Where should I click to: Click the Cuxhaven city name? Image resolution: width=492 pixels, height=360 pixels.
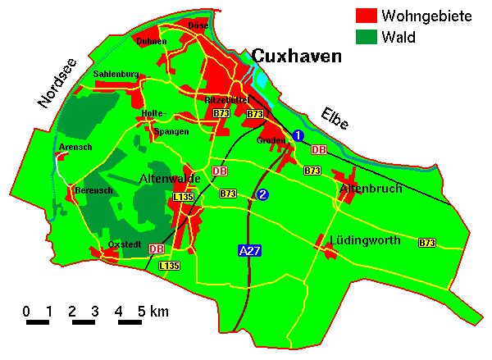point(297,56)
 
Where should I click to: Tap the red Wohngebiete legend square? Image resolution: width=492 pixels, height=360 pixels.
point(365,16)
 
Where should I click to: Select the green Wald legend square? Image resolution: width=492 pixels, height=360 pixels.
point(365,37)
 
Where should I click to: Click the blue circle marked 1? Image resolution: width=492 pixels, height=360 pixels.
point(298,134)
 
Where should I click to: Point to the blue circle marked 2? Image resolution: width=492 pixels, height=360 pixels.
point(262,194)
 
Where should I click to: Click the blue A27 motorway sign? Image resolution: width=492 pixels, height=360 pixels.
point(249,251)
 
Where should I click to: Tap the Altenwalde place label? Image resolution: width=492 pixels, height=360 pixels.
point(171,178)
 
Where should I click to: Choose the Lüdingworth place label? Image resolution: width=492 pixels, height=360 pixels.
point(364,240)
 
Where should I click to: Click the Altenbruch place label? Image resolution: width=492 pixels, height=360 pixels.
point(371,189)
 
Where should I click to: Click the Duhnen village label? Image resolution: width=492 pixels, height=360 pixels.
point(152,41)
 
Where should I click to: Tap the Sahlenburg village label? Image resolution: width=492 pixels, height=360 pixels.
point(116,74)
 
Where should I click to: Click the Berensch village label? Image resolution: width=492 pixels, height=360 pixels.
point(93,189)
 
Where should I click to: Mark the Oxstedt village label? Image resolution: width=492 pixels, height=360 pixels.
point(125,244)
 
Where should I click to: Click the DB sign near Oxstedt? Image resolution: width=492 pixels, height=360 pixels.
point(157,248)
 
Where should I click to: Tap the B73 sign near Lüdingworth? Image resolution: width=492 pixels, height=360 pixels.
point(426,243)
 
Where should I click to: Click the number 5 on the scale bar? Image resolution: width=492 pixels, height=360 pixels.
point(141,312)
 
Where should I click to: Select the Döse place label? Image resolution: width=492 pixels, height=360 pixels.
point(198,25)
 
